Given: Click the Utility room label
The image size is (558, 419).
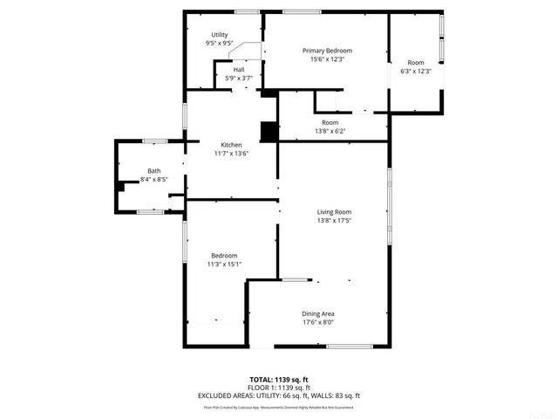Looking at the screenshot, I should pyautogui.click(x=219, y=35).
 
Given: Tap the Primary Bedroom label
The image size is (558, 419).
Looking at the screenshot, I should pyautogui.click(x=327, y=51).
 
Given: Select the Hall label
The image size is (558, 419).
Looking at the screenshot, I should pyautogui.click(x=238, y=70).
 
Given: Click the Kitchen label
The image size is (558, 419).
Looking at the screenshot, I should pyautogui.click(x=231, y=145).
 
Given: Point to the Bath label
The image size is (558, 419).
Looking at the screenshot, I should pyautogui.click(x=153, y=171).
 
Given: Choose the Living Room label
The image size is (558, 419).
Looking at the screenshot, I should pyautogui.click(x=333, y=211).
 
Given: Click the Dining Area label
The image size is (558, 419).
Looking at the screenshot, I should pyautogui.click(x=317, y=313).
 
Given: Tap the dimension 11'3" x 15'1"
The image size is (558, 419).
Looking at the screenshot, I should pyautogui.click(x=224, y=264).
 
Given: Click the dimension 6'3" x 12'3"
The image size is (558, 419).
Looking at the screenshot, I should pyautogui.click(x=415, y=71).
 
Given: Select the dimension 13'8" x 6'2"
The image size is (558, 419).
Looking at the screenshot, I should pyautogui.click(x=330, y=131).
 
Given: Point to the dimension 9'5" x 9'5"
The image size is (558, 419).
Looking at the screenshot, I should pyautogui.click(x=219, y=43).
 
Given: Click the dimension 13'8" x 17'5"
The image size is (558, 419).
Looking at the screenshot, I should pyautogui.click(x=333, y=220).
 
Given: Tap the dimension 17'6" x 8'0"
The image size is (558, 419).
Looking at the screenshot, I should pyautogui.click(x=317, y=321).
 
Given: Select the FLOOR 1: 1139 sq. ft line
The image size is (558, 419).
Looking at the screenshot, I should pyautogui.click(x=280, y=388).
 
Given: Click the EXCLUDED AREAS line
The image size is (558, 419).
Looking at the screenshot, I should pyautogui.click(x=280, y=395).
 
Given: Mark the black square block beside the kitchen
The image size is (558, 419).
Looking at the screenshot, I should pyautogui.click(x=269, y=131).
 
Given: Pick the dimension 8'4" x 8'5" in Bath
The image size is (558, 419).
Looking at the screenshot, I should pyautogui.click(x=153, y=180).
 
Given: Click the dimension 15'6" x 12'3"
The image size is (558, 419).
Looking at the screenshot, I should pyautogui.click(x=327, y=59).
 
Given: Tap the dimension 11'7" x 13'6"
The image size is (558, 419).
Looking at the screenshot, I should pyautogui.click(x=231, y=153).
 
